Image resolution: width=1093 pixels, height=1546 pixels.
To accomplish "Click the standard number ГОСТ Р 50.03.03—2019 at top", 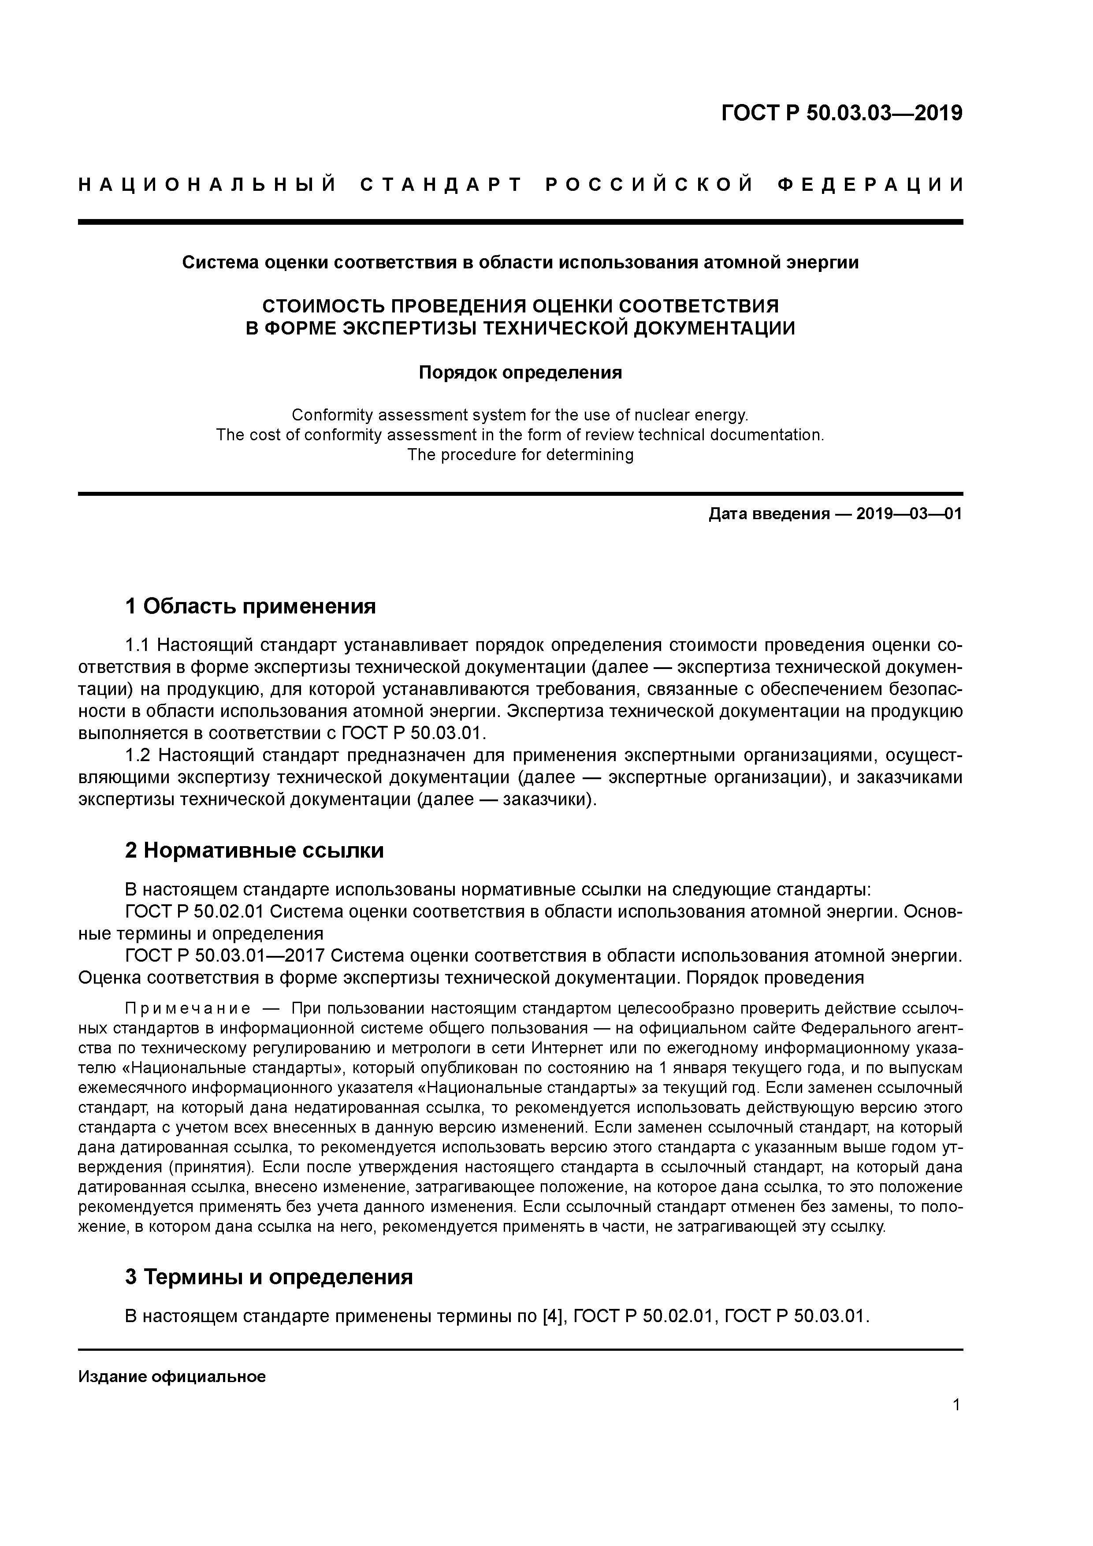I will [841, 113].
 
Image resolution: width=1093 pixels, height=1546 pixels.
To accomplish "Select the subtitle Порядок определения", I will [520, 372].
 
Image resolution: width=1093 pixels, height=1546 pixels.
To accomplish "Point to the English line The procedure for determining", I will [520, 455].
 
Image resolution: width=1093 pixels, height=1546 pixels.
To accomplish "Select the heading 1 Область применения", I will [250, 607].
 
